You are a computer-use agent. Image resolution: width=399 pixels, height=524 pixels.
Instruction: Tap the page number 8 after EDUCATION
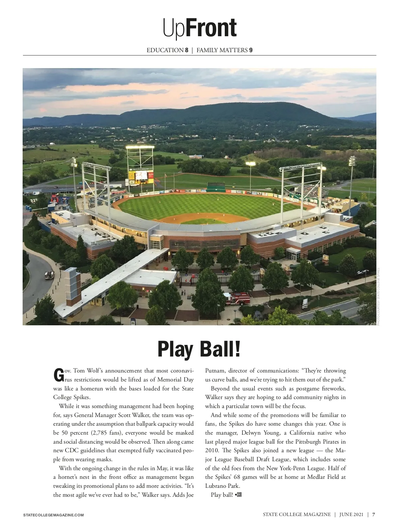pos(187,50)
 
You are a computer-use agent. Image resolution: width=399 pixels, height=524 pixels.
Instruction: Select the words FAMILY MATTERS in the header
pos(222,50)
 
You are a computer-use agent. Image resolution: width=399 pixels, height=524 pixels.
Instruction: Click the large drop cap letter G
pos(58,375)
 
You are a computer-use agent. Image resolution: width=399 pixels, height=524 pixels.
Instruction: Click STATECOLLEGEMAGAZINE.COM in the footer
pos(53,515)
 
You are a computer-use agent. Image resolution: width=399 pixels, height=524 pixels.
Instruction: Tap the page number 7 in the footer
pos(374,514)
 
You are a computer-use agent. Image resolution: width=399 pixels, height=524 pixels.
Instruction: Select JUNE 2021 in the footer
pos(351,514)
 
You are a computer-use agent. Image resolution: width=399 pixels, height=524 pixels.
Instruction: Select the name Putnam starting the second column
pos(215,370)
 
